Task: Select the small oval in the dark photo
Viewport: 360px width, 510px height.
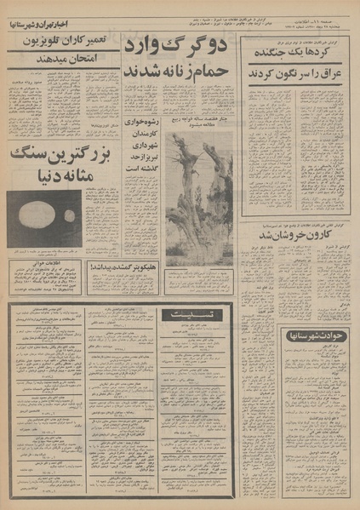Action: click(69, 216)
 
